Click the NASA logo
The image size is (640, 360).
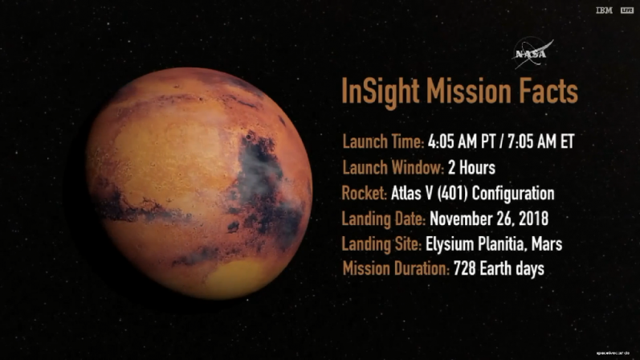pyautogui.click(x=532, y=53)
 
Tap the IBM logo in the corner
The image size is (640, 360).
pyautogui.click(x=604, y=10)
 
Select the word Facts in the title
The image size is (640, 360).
pyautogui.click(x=548, y=91)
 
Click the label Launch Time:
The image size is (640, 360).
pyautogui.click(x=383, y=143)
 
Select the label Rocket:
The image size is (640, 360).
pyautogui.click(x=365, y=194)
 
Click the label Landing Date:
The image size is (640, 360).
pyautogui.click(x=383, y=219)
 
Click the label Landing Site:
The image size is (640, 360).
pyautogui.click(x=381, y=243)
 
